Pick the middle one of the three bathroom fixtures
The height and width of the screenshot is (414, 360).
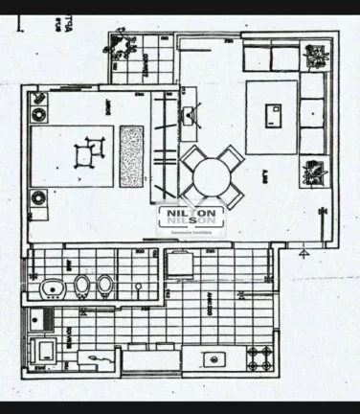81,287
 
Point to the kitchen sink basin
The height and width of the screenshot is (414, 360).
214,361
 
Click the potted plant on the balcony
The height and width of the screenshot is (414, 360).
122,47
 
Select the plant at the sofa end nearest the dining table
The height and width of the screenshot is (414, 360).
312,173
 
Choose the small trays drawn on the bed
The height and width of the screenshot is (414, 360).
87,149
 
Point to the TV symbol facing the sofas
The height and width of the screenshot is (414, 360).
190,116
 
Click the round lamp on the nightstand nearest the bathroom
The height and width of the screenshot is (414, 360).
39,199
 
